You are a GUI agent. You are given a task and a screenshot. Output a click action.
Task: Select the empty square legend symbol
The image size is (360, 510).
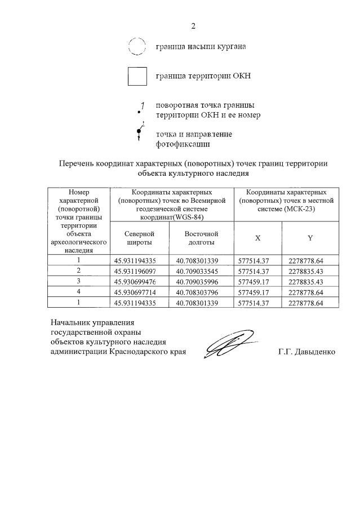137,76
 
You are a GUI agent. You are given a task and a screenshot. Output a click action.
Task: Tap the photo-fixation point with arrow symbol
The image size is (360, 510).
139,132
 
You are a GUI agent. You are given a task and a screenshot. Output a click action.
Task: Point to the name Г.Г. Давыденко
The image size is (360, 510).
306,352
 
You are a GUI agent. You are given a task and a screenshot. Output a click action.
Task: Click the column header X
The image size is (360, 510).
257,238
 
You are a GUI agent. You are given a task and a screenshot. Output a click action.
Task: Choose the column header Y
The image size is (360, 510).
310,238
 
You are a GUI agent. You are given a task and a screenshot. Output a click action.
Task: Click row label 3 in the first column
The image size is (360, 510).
79,281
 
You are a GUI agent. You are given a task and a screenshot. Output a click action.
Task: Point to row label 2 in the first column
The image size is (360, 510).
79,270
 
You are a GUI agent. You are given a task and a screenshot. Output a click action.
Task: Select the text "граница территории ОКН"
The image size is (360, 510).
203,76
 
